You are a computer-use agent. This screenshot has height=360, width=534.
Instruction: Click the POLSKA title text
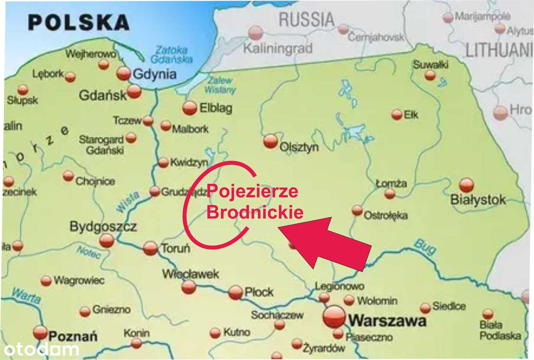(x=79, y=22)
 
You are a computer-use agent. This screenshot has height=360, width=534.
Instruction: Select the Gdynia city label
(x=154, y=75)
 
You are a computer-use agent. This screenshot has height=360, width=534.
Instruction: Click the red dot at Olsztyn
(x=270, y=141)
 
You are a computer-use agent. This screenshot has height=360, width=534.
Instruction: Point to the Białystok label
(x=478, y=200)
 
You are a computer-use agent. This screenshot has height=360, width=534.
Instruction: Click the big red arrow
(x=325, y=242)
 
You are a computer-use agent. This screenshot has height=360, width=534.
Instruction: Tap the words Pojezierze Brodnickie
(x=254, y=202)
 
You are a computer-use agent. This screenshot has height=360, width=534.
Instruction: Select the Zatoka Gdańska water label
(x=171, y=54)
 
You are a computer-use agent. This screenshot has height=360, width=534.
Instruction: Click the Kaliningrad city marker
(x=255, y=33)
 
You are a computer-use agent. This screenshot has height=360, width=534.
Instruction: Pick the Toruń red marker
(x=150, y=248)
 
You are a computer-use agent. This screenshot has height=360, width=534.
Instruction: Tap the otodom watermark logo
(x=41, y=349)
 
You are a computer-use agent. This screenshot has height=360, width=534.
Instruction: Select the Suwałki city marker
(x=430, y=76)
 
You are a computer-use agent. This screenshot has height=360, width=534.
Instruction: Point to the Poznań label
(x=73, y=336)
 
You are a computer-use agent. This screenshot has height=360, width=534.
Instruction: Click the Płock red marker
(x=235, y=292)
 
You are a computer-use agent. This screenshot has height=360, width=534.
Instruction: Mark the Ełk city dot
(x=397, y=115)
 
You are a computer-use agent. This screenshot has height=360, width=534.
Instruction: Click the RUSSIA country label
(x=306, y=20)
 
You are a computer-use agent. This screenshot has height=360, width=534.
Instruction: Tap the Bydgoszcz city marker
(x=106, y=240)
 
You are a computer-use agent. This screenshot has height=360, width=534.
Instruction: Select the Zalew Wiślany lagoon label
(x=220, y=85)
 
